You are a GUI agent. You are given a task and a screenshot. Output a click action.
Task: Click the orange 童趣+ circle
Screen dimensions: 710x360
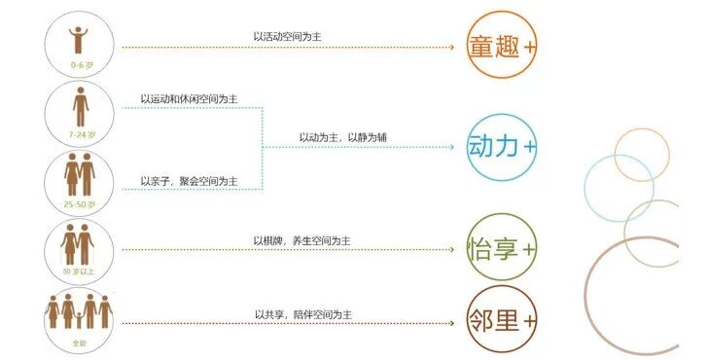(501, 46)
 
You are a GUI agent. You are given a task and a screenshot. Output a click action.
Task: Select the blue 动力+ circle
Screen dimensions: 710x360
(501, 146)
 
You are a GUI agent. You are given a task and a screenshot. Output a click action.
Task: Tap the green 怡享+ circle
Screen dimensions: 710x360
(501, 247)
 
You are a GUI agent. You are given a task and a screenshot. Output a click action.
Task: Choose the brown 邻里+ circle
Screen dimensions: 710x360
(501, 319)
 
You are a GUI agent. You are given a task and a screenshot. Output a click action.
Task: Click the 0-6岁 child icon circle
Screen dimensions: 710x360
(78, 46)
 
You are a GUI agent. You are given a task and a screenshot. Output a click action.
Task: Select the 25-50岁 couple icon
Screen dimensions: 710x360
(78, 181)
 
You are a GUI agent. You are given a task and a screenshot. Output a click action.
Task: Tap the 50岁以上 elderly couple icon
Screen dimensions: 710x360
(78, 250)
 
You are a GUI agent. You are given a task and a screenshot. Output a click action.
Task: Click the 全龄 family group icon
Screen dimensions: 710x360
(78, 316)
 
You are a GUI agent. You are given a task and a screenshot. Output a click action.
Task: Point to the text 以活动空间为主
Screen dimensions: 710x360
(287, 37)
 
